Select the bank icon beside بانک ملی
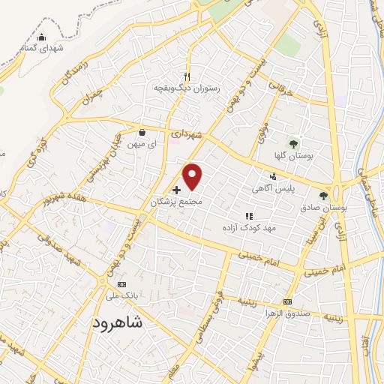(121, 285)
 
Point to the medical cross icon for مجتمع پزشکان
(176, 190)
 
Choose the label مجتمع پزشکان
(177, 202)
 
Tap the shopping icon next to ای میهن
(142, 133)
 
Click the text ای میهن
(142, 143)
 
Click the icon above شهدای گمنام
(41, 38)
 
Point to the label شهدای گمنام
(38, 49)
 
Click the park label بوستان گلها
(293, 154)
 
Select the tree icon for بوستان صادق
(323, 196)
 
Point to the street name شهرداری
(187, 133)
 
